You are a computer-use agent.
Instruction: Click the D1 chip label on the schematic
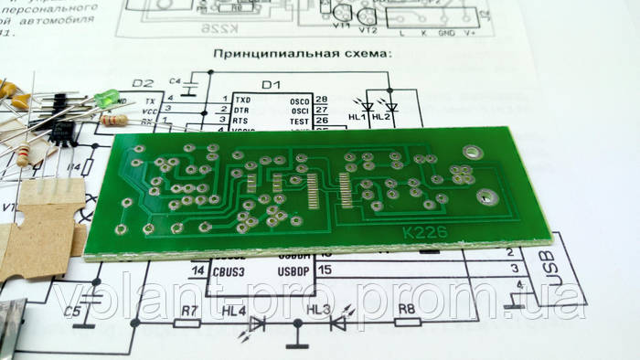(x=270, y=85)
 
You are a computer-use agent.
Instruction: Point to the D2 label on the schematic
(x=144, y=83)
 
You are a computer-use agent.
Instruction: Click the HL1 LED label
(x=358, y=118)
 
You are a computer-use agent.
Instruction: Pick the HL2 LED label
(x=382, y=118)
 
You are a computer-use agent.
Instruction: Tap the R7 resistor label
(x=189, y=311)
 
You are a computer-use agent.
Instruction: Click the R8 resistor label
(x=406, y=311)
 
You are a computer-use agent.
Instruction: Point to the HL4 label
(x=233, y=311)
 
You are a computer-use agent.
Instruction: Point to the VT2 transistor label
(x=369, y=29)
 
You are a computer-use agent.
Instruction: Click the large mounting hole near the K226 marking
(x=486, y=196)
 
